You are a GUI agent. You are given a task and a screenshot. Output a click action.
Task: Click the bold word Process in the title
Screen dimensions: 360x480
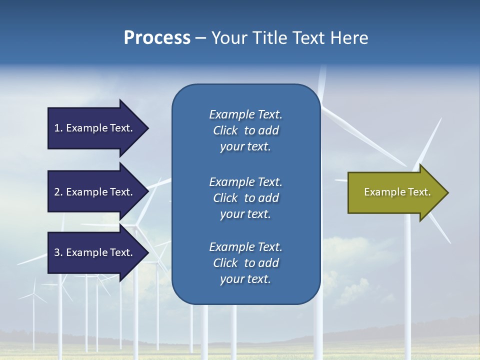tap(157, 38)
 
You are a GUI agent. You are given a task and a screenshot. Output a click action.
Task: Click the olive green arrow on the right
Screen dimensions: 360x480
tap(395, 192)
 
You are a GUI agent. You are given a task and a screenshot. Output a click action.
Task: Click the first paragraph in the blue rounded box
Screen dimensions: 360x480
tap(245, 130)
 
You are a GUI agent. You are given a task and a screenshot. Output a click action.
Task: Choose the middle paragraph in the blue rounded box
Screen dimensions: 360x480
tap(245, 198)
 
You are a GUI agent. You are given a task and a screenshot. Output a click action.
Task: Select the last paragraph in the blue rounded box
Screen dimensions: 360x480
tap(245, 263)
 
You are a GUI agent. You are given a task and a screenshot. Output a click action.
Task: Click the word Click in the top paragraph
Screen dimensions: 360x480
tap(225, 130)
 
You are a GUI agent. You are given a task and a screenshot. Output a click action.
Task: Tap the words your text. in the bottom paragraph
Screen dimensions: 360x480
tap(245, 279)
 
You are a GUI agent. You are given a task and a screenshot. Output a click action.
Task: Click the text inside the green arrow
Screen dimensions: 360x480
tap(397, 192)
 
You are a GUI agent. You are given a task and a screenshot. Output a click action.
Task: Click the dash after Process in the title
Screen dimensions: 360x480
tap(200, 38)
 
